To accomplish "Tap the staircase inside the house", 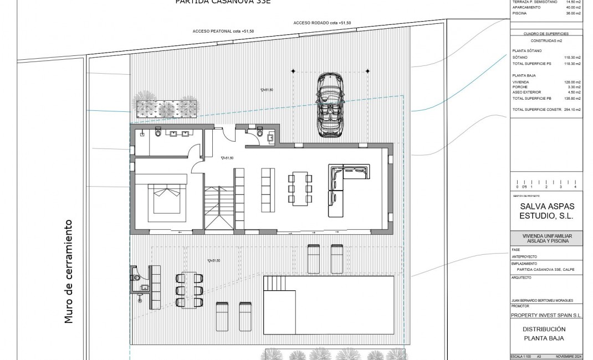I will [x=219, y=208].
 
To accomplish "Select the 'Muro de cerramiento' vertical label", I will [x=69, y=271].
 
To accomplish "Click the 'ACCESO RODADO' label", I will [x=322, y=23].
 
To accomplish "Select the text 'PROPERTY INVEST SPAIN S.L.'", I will [x=546, y=315].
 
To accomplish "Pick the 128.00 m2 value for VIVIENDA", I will [x=572, y=81].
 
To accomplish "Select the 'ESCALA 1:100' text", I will [x=522, y=357].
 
